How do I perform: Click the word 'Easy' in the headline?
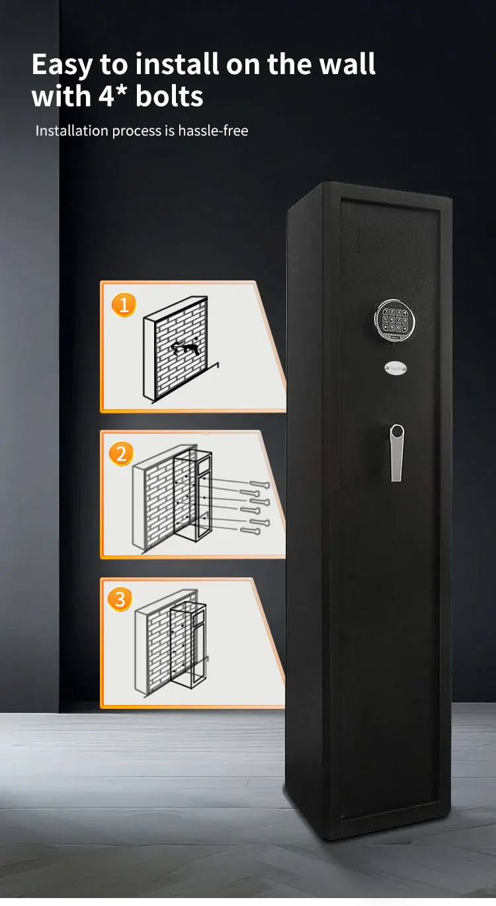pos(62,65)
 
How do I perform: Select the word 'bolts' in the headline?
pos(169,97)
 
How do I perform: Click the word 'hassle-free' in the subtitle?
pos(213,131)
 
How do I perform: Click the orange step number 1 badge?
pos(124,305)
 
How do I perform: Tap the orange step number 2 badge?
pos(121,454)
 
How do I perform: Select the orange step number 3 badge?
pos(120,599)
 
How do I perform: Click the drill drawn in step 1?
pos(185,347)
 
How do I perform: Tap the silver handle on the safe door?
pos(396,452)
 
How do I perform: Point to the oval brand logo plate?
pos(395,368)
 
